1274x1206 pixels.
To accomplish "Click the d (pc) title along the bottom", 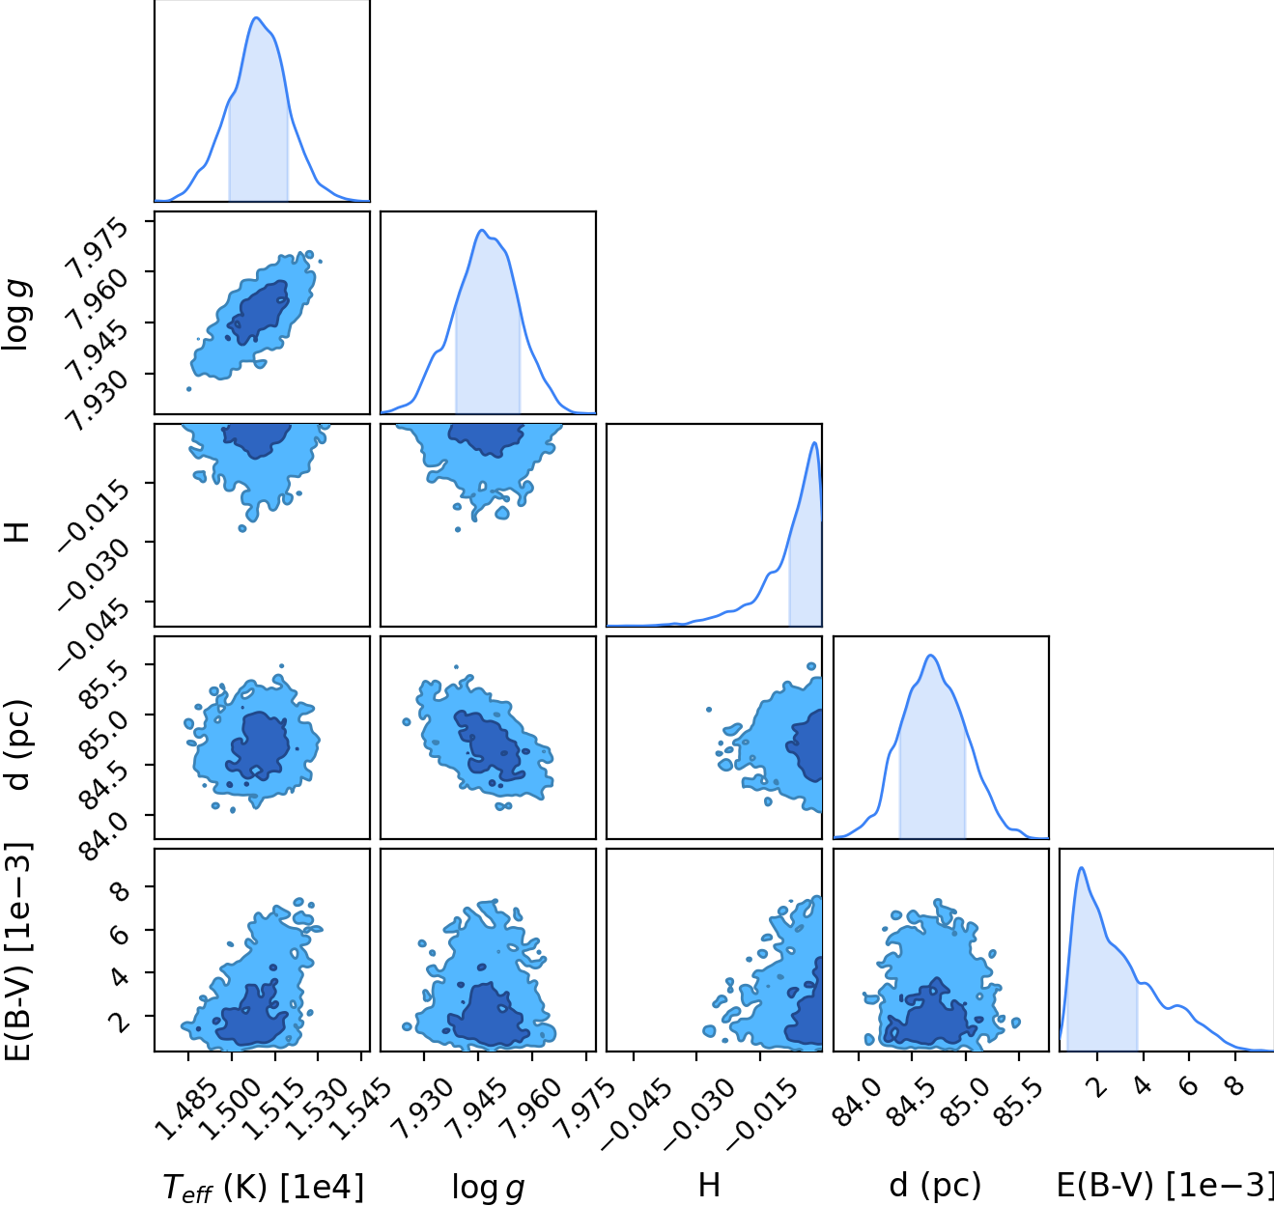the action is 935,1186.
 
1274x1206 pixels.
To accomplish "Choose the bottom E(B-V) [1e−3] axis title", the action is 1165,1186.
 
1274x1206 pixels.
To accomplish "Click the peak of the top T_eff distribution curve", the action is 256,17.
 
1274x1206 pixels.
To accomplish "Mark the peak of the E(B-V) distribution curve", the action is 1081,867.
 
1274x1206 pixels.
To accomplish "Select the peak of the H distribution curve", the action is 814,442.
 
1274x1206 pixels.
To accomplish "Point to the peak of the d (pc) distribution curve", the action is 931,656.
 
